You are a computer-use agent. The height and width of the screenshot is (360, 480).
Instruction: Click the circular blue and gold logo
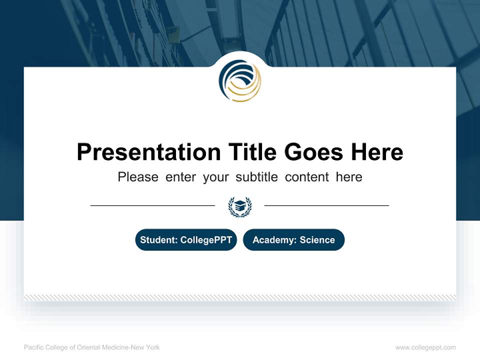240,81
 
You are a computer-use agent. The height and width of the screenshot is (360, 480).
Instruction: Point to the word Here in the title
376,152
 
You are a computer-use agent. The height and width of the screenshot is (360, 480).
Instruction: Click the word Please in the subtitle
138,177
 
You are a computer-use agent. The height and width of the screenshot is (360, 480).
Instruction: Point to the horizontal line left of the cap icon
152,205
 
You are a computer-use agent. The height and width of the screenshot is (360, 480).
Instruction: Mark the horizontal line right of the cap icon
326,205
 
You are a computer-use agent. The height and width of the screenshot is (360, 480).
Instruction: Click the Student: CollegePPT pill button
186,240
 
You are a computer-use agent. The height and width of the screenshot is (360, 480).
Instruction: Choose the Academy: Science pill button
293,240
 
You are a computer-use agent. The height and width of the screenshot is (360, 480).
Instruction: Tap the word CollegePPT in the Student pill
205,240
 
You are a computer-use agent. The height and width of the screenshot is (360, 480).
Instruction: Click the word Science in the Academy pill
317,240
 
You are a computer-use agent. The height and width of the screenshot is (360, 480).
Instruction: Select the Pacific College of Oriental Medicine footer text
92,347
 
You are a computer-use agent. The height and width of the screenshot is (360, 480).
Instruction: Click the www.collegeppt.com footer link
425,347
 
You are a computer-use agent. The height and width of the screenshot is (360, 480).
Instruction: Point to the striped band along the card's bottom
240,297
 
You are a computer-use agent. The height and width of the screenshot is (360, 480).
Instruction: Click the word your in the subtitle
216,177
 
